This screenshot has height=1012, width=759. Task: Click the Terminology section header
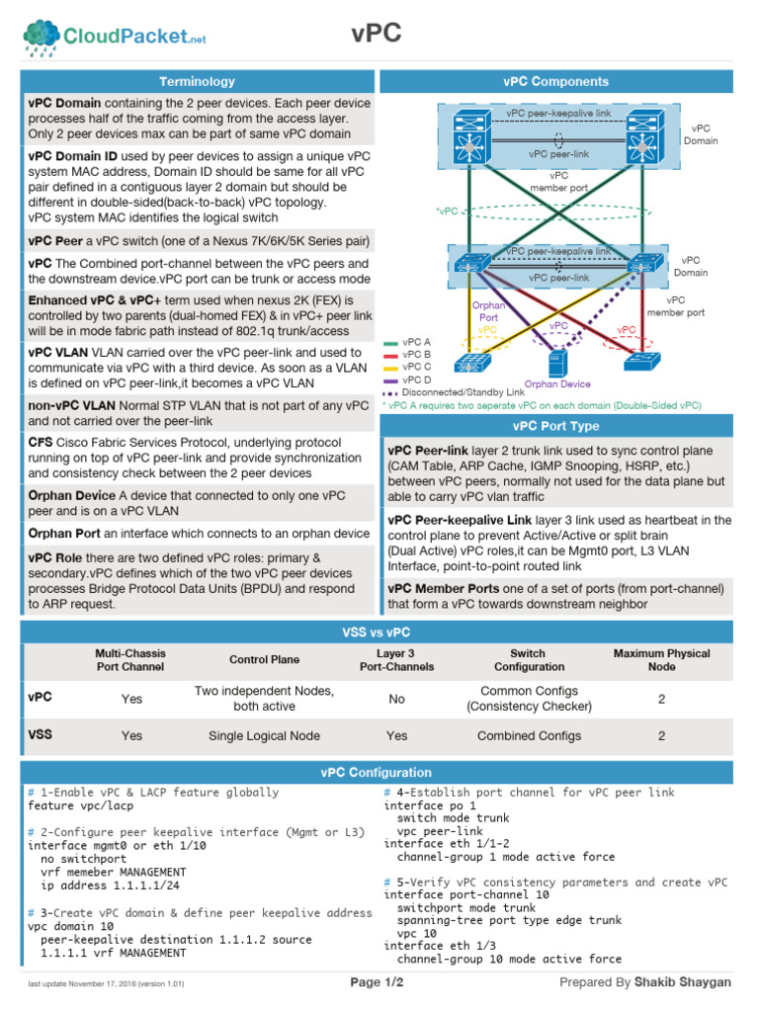[198, 81]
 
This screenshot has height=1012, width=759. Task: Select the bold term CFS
[41, 444]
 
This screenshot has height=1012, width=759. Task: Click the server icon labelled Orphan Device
[557, 363]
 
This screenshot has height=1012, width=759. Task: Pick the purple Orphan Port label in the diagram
[488, 311]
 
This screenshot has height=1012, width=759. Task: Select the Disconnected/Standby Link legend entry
[454, 391]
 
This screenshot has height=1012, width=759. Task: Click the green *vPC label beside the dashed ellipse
[447, 211]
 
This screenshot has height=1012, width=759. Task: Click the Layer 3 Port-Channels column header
[396, 659]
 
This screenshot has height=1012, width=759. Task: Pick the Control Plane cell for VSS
[264, 735]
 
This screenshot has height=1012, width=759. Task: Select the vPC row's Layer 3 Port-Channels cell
[396, 699]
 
